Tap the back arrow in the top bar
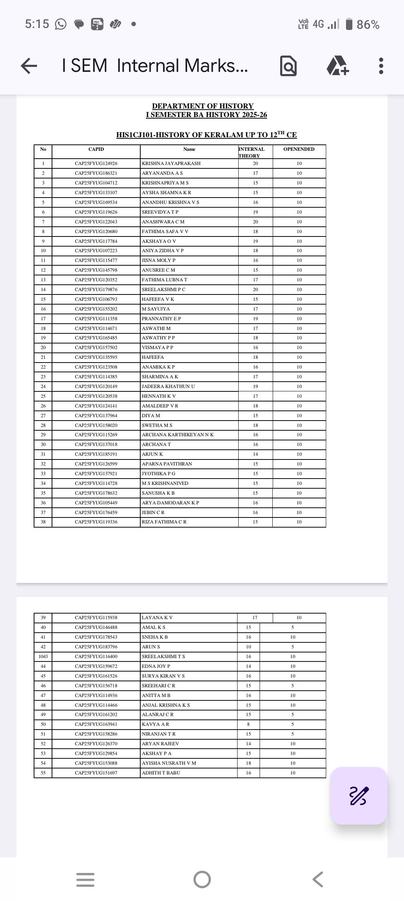[29, 66]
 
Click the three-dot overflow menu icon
[381, 66]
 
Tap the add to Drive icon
[337, 66]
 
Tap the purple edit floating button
[358, 796]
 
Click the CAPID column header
[96, 149]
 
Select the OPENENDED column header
[299, 149]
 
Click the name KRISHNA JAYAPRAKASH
[171, 164]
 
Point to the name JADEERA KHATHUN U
[168, 387]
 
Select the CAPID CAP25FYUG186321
[96, 173]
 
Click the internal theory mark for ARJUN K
[255, 454]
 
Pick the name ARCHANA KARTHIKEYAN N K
[178, 435]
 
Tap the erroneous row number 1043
[43, 657]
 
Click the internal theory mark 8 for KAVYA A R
[248, 724]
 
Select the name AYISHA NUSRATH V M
[169, 763]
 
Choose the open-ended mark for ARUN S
[293, 647]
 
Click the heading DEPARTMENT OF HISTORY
[203, 106]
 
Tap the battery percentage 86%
[368, 25]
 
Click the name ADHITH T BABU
[161, 773]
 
